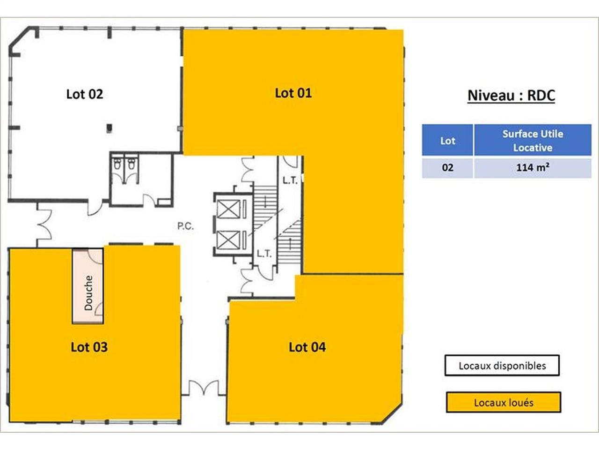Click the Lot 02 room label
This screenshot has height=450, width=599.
click(x=85, y=94)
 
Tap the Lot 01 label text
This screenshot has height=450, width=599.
click(x=293, y=93)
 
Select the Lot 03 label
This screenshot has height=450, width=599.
click(x=89, y=347)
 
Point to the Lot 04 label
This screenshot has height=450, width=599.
click(x=307, y=347)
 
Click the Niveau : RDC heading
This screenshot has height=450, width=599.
click(x=511, y=95)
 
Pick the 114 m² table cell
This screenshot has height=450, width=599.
click(x=533, y=168)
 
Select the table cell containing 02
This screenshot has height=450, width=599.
click(x=447, y=168)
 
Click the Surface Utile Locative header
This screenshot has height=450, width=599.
click(x=533, y=141)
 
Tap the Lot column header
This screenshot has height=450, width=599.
click(x=447, y=141)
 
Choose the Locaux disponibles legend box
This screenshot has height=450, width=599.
click(x=502, y=366)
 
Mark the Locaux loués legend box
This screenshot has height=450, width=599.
click(x=504, y=403)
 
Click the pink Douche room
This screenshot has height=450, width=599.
click(x=88, y=286)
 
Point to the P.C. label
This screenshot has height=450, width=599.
click(x=186, y=226)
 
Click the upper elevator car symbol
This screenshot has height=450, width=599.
click(x=229, y=209)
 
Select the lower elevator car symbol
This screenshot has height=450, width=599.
click(x=229, y=240)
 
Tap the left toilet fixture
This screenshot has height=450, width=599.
click(x=117, y=164)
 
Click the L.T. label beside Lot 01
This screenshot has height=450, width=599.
click(x=290, y=180)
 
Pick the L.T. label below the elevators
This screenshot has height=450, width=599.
click(x=264, y=254)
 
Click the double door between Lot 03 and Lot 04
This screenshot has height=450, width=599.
click(x=204, y=388)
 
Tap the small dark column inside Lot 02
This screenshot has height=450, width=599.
click(x=109, y=128)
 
